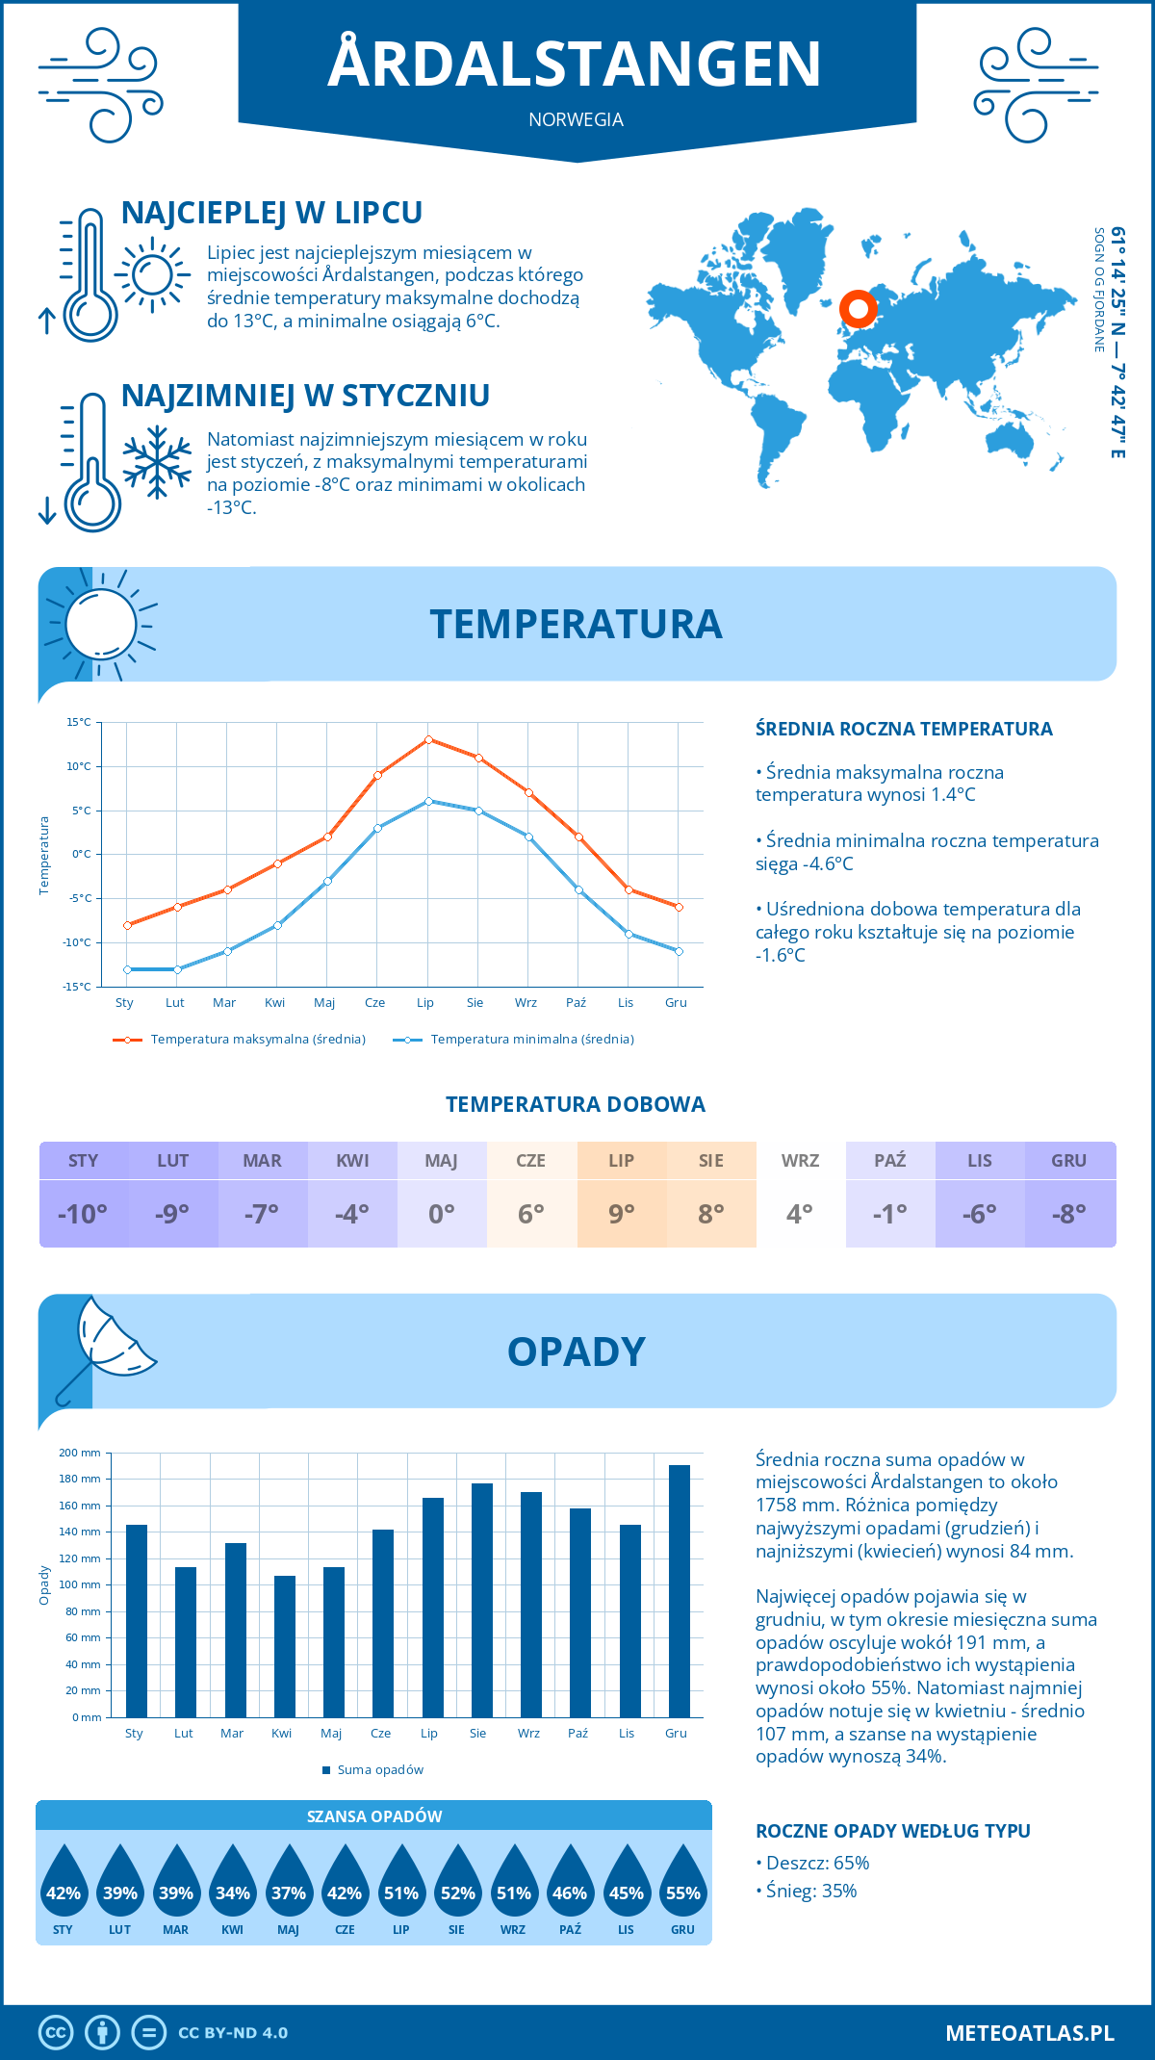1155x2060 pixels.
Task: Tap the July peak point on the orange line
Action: click(x=428, y=739)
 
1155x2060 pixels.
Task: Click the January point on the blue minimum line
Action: click(x=127, y=969)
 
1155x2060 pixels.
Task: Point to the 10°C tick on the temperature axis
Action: click(x=79, y=766)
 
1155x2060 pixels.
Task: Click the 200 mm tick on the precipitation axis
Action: click(x=80, y=1453)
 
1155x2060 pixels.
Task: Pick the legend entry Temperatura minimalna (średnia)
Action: click(x=514, y=1040)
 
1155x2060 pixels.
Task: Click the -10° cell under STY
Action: click(x=83, y=1214)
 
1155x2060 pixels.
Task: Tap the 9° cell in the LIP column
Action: click(x=621, y=1214)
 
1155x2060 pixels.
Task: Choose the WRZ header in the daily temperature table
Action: click(x=800, y=1160)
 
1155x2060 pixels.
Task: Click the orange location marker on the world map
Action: click(x=858, y=309)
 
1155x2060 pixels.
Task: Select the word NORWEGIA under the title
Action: click(x=576, y=119)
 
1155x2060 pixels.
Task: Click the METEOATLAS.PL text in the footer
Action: click(x=1029, y=2033)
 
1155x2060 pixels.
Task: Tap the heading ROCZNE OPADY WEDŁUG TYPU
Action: click(x=892, y=1831)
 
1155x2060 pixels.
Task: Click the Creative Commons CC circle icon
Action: click(x=56, y=2033)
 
